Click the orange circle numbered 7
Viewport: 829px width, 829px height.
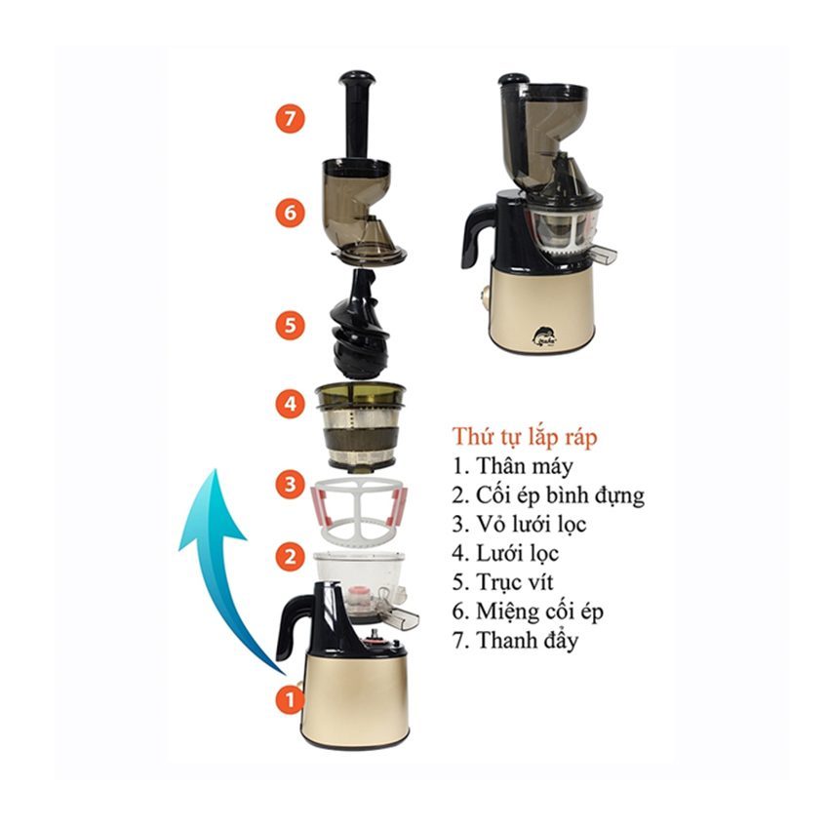290,118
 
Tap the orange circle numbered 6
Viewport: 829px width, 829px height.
290,213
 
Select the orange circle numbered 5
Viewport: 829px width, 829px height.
290,325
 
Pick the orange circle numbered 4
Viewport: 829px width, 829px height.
290,404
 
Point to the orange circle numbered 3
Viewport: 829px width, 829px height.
290,484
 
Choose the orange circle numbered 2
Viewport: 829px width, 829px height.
290,556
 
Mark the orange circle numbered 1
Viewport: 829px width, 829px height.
290,699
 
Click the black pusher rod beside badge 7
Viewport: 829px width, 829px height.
357,115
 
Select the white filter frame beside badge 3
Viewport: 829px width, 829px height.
360,508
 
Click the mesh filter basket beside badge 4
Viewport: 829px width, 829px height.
361,426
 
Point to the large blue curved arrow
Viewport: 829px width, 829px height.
219,550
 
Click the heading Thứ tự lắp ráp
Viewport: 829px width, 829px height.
525,438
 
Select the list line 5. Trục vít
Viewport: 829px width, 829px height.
502,582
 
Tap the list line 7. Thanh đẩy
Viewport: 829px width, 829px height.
516,640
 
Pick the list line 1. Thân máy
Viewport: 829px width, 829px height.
512,466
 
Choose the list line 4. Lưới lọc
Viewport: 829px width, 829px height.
505,554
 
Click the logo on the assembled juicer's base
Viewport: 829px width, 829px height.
543,336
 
